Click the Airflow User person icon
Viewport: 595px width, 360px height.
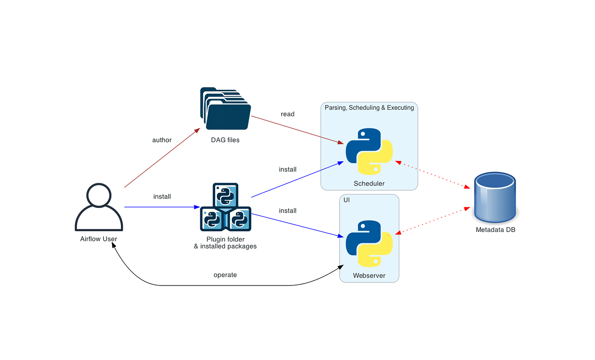99,207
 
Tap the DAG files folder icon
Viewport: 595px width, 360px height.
225,109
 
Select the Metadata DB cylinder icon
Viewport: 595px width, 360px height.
495,198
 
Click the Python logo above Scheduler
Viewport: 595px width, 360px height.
369,151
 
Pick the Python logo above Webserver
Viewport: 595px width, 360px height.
369,244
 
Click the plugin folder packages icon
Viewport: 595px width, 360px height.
225,207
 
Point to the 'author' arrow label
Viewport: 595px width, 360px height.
162,140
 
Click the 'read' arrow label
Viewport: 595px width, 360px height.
287,114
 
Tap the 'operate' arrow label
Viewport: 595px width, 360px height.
225,275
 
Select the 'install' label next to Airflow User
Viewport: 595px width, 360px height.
162,196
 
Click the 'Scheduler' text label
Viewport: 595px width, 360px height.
369,183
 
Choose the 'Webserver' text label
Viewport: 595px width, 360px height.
369,275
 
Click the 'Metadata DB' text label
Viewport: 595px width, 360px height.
495,230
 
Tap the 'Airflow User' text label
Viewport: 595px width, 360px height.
99,239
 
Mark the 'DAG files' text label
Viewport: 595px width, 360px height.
225,140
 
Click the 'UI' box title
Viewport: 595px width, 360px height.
347,200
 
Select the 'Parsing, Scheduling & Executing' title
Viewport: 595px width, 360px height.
369,108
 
